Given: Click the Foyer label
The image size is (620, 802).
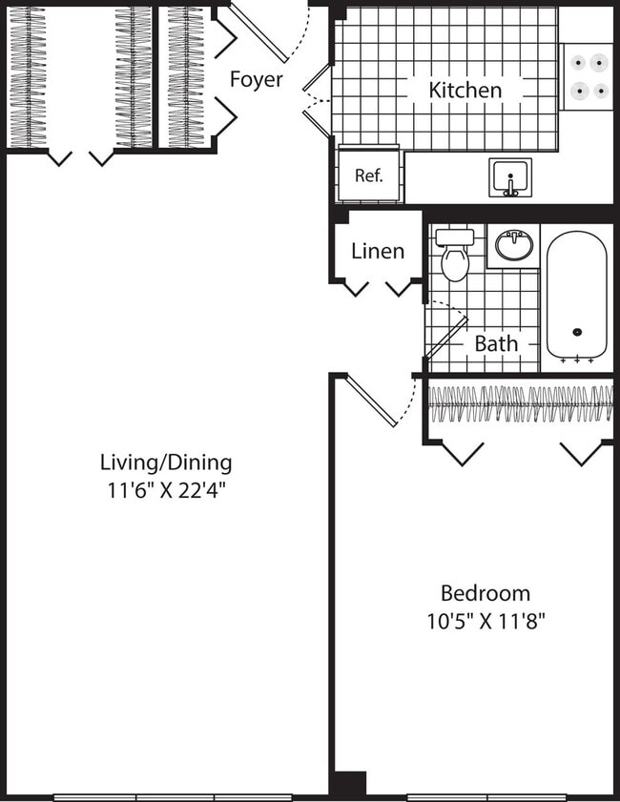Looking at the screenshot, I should [256, 79].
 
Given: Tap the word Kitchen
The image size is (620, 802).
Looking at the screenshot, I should [465, 91].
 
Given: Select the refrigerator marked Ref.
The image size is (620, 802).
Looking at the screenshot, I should [369, 175].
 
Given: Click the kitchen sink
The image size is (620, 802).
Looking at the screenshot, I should [510, 177].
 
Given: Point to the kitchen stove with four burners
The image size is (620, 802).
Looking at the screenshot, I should [587, 77].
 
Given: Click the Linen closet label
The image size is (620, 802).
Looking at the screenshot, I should [378, 251].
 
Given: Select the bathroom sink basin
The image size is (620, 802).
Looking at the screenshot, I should [514, 247].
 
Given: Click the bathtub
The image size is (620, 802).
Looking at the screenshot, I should [576, 296].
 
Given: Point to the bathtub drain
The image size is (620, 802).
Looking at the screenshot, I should [577, 333].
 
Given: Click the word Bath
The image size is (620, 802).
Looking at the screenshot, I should [496, 343].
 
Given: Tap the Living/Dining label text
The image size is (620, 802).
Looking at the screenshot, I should [166, 463].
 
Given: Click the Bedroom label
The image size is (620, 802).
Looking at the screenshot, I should [486, 592].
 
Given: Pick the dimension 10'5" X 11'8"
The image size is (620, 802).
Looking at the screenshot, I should [486, 621].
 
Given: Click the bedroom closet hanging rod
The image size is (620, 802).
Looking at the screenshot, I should [520, 404].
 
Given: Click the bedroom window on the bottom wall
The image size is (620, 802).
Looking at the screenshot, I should [486, 796].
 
